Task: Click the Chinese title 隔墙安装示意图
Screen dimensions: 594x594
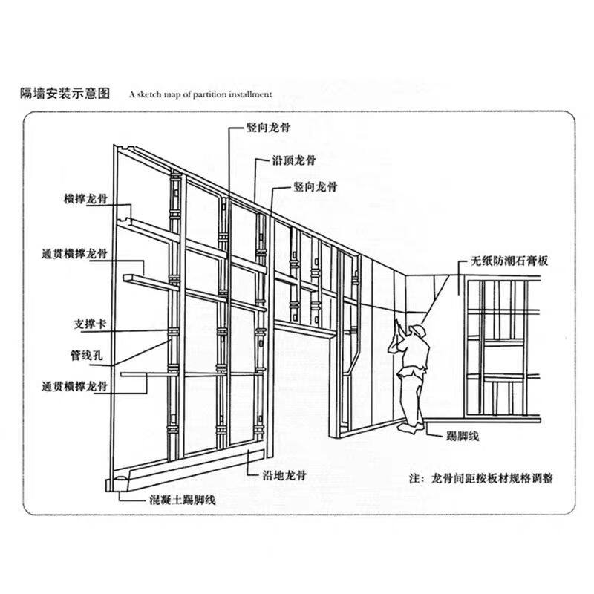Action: click(65, 93)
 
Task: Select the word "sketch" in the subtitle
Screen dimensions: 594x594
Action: click(150, 94)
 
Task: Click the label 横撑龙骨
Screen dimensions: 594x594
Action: click(86, 198)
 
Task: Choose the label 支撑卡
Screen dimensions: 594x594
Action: click(90, 324)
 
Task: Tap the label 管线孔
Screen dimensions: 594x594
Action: click(87, 356)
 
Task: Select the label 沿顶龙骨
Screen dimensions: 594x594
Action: click(294, 160)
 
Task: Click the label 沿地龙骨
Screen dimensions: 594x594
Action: click(284, 475)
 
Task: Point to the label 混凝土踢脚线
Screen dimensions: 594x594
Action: click(183, 500)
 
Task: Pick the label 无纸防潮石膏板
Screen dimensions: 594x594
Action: click(509, 261)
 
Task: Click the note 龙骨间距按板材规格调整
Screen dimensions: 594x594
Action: click(492, 478)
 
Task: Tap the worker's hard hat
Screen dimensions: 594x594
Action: click(419, 330)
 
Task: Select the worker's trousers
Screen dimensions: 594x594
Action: click(412, 395)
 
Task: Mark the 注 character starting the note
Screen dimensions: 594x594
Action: click(414, 478)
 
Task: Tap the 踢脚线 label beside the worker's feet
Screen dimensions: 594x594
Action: click(463, 437)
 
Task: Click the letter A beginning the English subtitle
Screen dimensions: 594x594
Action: click(132, 94)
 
